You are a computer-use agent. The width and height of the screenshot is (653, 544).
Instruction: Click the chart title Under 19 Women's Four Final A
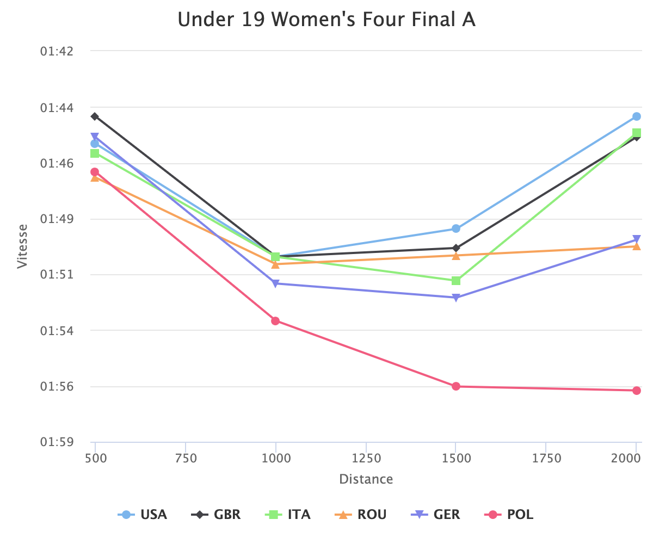[x=326, y=20]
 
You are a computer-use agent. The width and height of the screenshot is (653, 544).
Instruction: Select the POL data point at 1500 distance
[x=456, y=386]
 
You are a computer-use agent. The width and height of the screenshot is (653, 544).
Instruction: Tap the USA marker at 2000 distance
[x=637, y=116]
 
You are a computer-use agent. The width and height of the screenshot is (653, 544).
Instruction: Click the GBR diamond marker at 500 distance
[x=95, y=116]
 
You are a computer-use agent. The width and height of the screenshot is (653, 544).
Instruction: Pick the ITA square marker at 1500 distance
[x=456, y=281]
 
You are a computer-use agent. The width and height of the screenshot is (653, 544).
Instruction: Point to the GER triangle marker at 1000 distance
[x=275, y=283]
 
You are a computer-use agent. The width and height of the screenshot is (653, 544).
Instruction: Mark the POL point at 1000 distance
[x=275, y=321]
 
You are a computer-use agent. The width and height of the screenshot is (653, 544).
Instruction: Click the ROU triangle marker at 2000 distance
[x=637, y=246]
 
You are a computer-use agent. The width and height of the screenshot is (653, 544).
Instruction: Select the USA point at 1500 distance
[x=456, y=228]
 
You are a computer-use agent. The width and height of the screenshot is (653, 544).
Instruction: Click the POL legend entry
[x=510, y=515]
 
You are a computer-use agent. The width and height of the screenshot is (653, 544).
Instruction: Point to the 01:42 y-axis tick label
[x=57, y=51]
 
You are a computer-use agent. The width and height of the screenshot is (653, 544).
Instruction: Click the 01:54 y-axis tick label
[x=57, y=331]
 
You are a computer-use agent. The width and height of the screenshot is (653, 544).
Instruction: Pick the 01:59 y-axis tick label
[x=57, y=442]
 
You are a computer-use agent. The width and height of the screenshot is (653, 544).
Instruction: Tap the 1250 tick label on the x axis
[x=366, y=459]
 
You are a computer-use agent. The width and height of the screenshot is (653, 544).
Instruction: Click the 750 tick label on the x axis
[x=186, y=459]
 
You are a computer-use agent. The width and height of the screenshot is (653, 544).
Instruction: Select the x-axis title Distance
[x=366, y=479]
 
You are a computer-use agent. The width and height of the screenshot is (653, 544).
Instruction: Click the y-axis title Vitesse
[x=22, y=246]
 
